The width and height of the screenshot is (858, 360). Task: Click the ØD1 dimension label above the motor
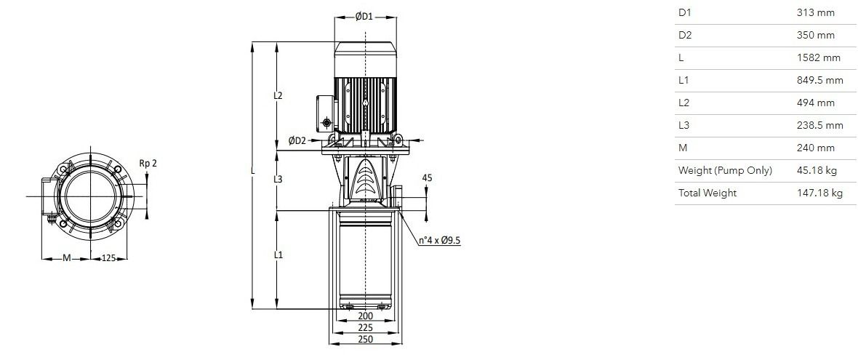click(364, 17)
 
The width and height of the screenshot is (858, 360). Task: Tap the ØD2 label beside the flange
click(297, 140)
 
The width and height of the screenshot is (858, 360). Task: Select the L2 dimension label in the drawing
click(278, 95)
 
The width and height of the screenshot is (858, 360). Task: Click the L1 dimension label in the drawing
click(278, 255)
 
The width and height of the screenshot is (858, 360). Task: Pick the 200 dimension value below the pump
click(365, 316)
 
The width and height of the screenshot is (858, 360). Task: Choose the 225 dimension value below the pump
click(365, 327)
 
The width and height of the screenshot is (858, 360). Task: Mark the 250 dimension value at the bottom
click(365, 339)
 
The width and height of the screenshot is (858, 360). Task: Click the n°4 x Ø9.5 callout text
click(439, 240)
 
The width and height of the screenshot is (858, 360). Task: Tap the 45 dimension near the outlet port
click(428, 177)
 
